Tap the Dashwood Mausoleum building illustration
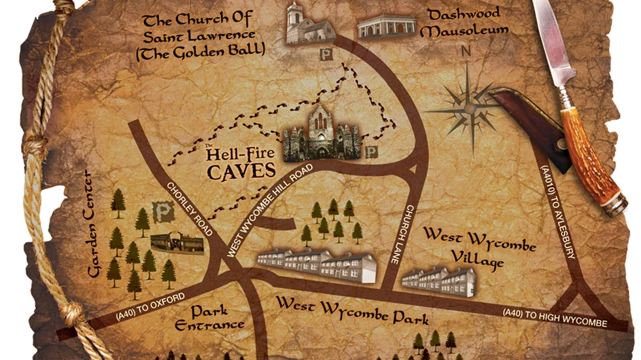pyautogui.click(x=387, y=26)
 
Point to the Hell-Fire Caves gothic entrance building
pyautogui.click(x=320, y=134)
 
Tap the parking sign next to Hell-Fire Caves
pyautogui.click(x=372, y=153)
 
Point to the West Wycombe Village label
pyautogui.click(x=479, y=247)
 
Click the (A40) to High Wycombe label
pyautogui.click(x=555, y=318)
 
